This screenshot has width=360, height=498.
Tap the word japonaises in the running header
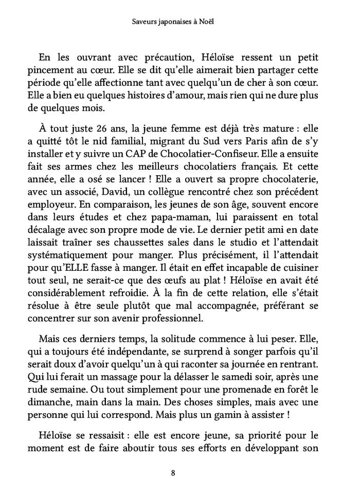click(x=171, y=22)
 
